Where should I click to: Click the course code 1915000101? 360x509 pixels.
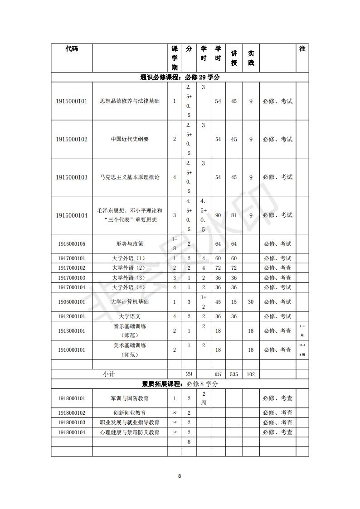pos(72,101)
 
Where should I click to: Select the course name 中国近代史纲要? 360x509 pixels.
pos(130,139)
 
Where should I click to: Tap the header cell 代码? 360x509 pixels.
pos(72,48)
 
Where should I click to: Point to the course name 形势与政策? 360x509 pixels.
pos(130,244)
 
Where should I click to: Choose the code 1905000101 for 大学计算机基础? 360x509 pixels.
pos(72,302)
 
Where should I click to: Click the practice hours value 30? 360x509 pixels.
pos(251,302)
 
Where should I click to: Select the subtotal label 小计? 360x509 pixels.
pos(109,374)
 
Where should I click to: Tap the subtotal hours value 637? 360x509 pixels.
pos(218,374)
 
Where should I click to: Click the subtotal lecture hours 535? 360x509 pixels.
pos(234,374)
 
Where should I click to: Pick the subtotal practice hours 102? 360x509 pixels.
pos(251,374)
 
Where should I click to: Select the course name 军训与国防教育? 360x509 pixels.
pos(130,398)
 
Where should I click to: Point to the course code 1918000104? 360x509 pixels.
pos(72,432)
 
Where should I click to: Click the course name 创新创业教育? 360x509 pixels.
pos(130,413)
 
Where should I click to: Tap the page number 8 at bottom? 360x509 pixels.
pos(180,476)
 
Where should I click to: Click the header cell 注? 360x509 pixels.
pos(302,48)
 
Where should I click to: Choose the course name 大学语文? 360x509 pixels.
pos(130,316)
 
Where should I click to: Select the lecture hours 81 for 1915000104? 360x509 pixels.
pos(234,215)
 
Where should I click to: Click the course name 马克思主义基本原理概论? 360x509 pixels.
pos(130,177)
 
